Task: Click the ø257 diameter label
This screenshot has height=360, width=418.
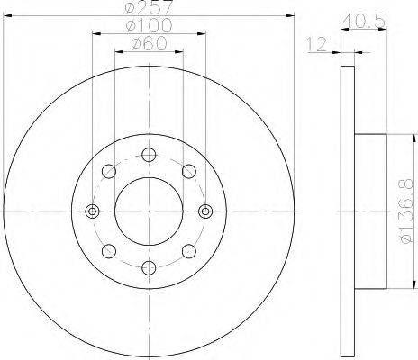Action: click(150, 8)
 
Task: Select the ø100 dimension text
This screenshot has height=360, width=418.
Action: click(150, 27)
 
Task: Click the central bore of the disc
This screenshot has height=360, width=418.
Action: click(149, 211)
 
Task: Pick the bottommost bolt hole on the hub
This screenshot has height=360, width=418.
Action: click(149, 267)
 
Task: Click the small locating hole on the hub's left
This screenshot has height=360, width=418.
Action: click(92, 211)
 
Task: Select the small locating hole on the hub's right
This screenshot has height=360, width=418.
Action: click(204, 211)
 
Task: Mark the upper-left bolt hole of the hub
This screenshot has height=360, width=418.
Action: click(109, 171)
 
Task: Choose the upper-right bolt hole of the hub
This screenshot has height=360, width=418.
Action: click(188, 171)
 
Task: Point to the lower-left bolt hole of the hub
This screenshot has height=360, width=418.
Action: click(109, 251)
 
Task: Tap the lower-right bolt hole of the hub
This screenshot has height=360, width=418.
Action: click(188, 251)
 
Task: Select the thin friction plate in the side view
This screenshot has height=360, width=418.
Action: click(348, 211)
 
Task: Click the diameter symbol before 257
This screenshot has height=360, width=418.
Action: click(132, 8)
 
